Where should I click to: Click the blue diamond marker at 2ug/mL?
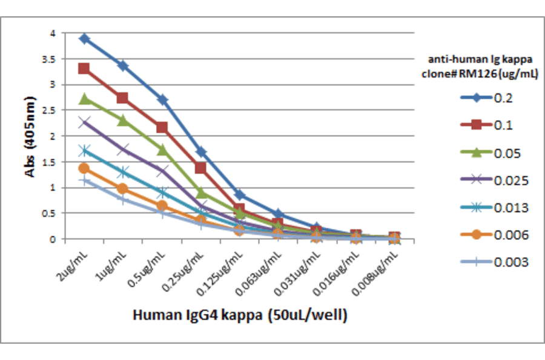(x=84, y=39)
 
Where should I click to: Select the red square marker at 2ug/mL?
(x=84, y=68)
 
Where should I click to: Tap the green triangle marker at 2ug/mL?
(x=84, y=99)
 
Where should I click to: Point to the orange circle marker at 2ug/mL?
(x=84, y=168)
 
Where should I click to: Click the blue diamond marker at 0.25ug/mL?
(x=201, y=152)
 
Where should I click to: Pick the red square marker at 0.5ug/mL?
(x=162, y=127)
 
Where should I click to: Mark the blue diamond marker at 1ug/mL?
(x=123, y=65)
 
